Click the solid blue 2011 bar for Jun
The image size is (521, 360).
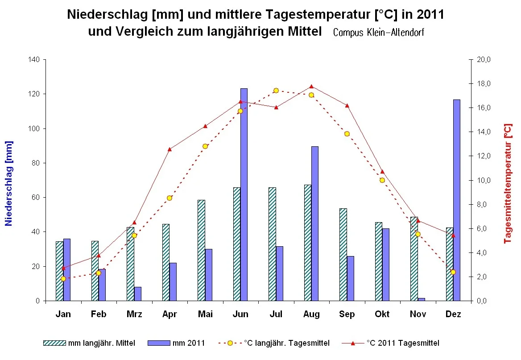tap(244, 194)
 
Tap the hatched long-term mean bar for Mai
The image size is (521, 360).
tap(201, 250)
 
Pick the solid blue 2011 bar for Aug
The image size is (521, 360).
tap(314, 223)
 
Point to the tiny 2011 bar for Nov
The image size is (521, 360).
tap(421, 299)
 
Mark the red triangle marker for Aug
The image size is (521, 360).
tap(311, 87)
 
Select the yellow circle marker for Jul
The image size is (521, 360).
tap(276, 91)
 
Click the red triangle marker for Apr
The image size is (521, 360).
tap(170, 149)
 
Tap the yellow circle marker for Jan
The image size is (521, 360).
tap(63, 278)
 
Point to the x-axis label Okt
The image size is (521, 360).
tap(382, 314)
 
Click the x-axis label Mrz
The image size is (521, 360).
tap(134, 314)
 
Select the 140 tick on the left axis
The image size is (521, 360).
tap(34, 60)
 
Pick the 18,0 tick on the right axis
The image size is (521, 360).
tap(484, 84)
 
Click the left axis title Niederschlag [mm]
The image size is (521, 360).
tap(9, 183)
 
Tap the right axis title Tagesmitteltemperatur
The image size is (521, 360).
tap(508, 183)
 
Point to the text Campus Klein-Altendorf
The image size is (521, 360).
tap(378, 33)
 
